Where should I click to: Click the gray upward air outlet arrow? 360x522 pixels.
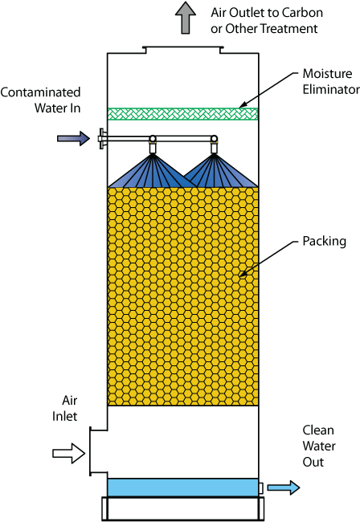coord(186,18)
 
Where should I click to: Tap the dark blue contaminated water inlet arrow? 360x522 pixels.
coord(73,138)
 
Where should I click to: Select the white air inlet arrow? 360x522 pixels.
coord(68,453)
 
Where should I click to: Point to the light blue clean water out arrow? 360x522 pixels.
coord(284,487)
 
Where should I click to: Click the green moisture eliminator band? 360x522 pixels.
coord(183,114)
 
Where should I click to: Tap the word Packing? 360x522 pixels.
coord(324,242)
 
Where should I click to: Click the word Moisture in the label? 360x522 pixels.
coord(327,74)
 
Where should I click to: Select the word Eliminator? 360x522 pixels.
coord(331,89)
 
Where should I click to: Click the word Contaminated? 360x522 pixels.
coord(40,92)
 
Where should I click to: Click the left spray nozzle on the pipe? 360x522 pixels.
coord(153,145)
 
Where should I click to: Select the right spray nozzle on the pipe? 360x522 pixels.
coord(214,145)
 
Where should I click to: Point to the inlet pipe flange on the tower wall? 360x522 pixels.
coord(102,138)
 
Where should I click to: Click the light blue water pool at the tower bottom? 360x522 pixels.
coord(183,487)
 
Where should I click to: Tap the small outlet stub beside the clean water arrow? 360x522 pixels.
coord(260,488)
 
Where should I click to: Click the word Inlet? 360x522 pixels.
coord(64,416)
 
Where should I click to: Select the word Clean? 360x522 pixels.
coord(318,430)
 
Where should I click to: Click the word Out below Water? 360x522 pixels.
coord(313,462)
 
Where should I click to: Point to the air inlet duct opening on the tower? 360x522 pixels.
coord(91,451)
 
